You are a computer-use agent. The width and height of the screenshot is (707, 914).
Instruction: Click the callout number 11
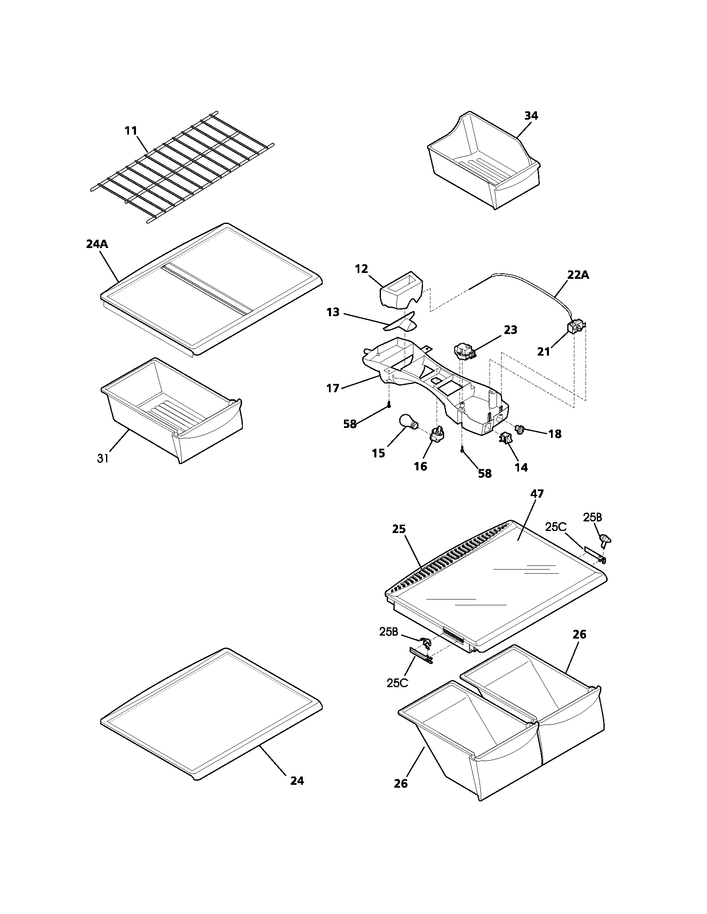click(131, 130)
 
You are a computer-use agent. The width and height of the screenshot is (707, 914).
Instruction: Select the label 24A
click(97, 244)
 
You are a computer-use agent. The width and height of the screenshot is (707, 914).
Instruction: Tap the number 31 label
click(103, 458)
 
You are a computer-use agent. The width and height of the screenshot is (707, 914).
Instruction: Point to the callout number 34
click(531, 115)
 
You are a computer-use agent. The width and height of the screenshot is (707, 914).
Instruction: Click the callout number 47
click(536, 494)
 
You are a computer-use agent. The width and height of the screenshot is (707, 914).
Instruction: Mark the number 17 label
click(333, 388)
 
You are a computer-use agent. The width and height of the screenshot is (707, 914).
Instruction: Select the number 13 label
click(333, 312)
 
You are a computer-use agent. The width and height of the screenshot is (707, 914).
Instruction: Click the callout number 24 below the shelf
click(297, 781)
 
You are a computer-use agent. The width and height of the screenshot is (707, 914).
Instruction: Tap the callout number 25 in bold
click(399, 529)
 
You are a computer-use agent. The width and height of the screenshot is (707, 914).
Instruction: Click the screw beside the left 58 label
click(390, 404)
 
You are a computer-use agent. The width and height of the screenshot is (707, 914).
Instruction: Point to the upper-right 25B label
click(592, 517)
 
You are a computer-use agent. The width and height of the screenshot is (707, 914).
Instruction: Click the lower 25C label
click(397, 683)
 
